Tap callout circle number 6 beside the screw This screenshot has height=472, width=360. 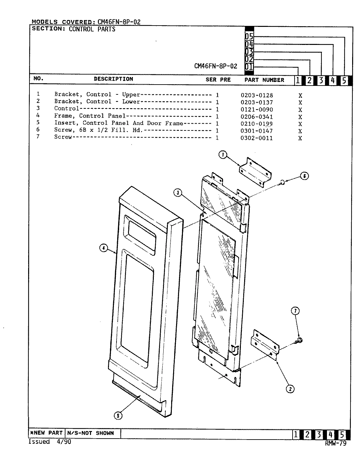(304, 176)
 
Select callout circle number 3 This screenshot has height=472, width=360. (178, 193)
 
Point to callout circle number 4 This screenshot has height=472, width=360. (103, 248)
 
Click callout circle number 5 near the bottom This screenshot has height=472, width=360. (118, 416)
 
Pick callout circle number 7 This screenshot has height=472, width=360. (296, 311)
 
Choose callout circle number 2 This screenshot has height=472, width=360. (290, 389)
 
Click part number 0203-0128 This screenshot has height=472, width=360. (257, 95)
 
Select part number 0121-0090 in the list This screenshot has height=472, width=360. (257, 109)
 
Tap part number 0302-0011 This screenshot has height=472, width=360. (257, 138)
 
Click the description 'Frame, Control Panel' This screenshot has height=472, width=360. (90, 116)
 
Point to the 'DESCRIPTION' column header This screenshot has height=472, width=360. (113, 79)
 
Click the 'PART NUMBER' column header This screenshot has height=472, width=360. (264, 80)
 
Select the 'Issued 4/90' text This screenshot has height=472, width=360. (50, 442)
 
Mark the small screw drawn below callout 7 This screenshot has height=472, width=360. (299, 341)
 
